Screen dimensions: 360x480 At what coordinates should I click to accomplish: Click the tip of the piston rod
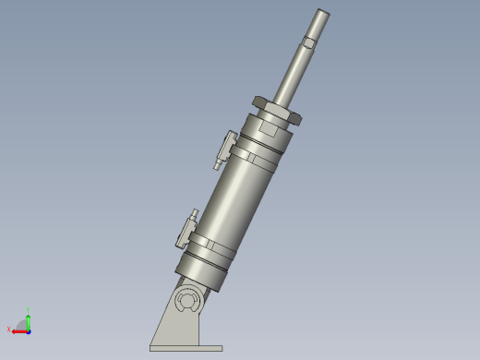coord(320,14)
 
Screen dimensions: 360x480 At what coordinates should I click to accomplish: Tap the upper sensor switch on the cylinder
coord(225,143)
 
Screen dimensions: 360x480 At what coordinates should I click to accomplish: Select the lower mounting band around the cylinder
coord(214,249)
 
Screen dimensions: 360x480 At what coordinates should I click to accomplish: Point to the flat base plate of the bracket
coord(186,348)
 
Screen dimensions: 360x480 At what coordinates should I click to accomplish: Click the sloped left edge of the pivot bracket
coord(163,318)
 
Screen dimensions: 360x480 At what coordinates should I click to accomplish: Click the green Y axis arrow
coord(29,318)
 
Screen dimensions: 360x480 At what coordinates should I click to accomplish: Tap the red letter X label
coord(8,330)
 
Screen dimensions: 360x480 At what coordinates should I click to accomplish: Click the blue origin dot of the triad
coord(29,329)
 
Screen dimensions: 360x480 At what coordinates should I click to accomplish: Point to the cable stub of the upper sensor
coord(217,165)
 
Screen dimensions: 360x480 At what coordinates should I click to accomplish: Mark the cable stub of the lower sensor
coord(180,244)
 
